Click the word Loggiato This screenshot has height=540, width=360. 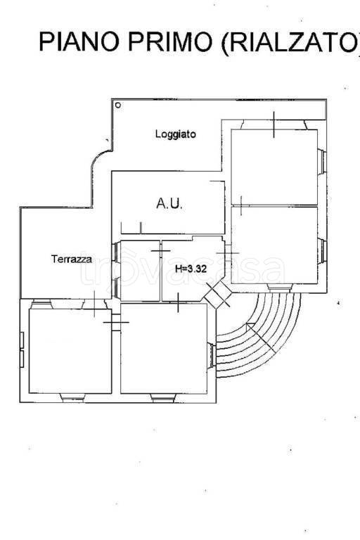click(x=175, y=134)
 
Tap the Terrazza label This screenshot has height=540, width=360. click(x=72, y=259)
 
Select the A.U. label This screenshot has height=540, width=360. click(x=169, y=203)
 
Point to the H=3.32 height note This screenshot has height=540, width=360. click(x=191, y=269)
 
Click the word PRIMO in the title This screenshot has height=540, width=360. click(x=171, y=41)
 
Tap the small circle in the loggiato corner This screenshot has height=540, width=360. click(x=118, y=105)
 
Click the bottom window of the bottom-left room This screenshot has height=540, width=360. click(x=72, y=397)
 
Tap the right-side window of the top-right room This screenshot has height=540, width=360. click(x=322, y=162)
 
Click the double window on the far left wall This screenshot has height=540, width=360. click(x=22, y=349)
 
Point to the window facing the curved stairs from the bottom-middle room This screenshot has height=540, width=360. click(x=212, y=355)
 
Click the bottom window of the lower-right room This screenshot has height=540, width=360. click(x=279, y=288)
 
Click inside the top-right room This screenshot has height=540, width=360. click(x=274, y=167)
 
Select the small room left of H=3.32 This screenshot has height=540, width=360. click(x=140, y=271)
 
